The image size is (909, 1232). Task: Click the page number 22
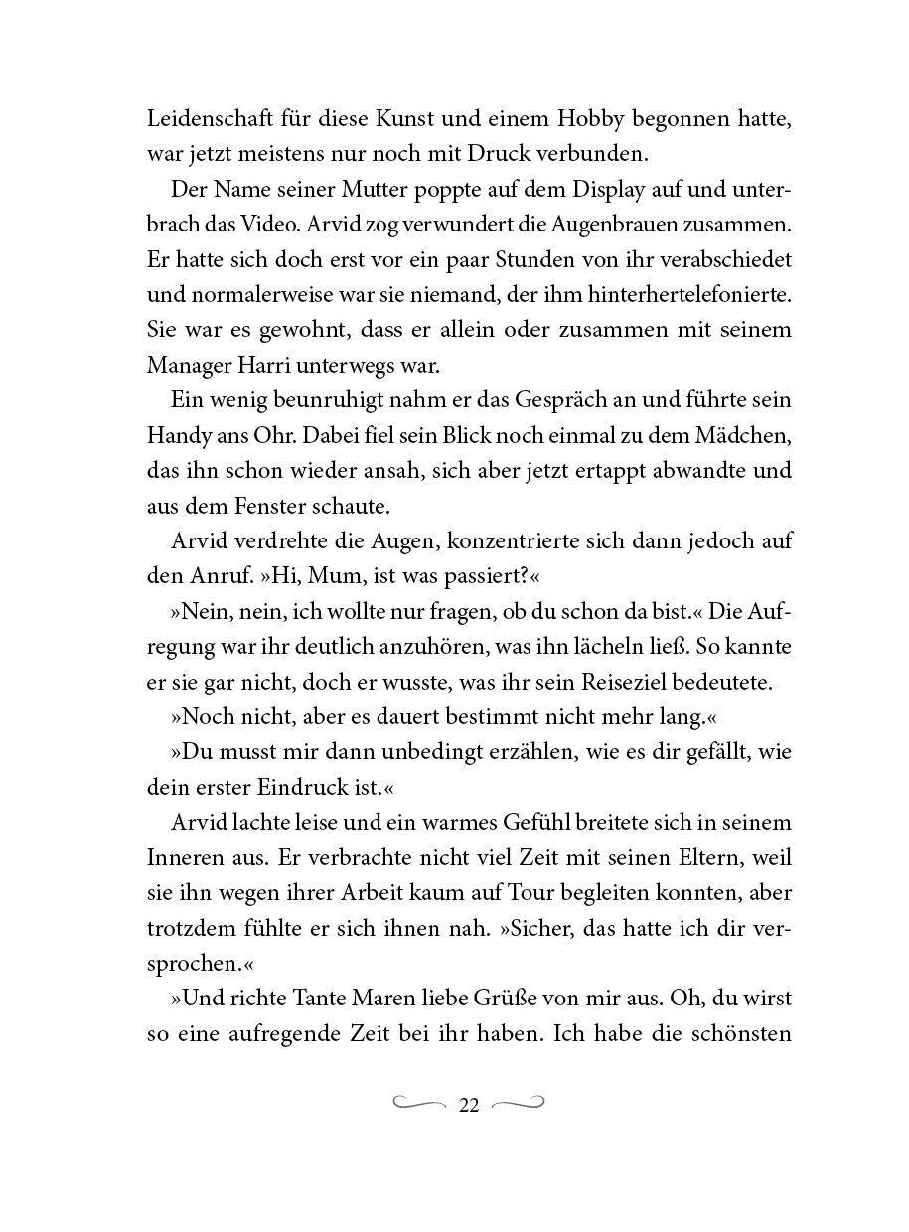point(469,1105)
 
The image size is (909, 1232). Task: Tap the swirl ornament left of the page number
point(420,1103)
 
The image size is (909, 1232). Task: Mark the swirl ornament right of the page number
point(518,1103)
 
